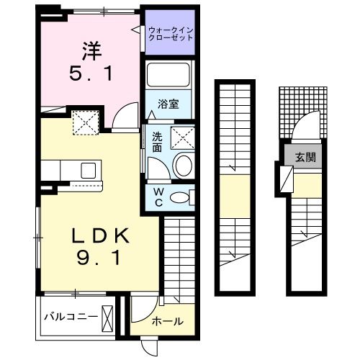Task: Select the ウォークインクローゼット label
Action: [x=171, y=33]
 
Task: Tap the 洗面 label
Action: [x=156, y=142]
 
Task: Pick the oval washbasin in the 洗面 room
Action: [x=183, y=165]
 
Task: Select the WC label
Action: [x=158, y=197]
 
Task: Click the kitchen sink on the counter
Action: [x=89, y=170]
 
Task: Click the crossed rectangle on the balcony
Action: [x=109, y=318]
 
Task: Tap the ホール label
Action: [x=168, y=322]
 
